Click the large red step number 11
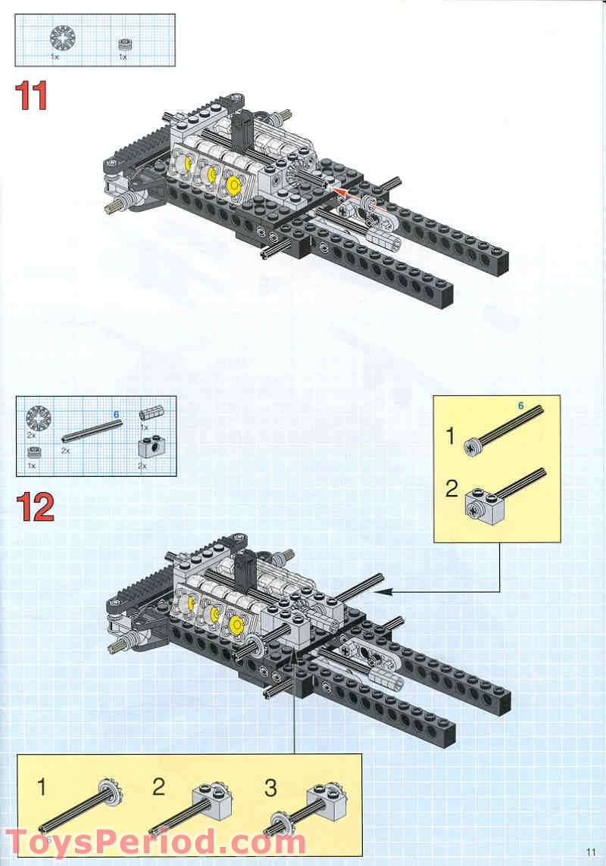(32, 96)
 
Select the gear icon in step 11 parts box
(60, 38)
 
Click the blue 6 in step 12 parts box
(116, 414)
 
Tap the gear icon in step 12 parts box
(36, 418)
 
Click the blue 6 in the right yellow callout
(520, 406)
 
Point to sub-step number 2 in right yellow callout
(451, 489)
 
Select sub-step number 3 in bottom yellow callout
(270, 787)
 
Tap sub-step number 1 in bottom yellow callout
(42, 787)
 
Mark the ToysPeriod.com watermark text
(155, 842)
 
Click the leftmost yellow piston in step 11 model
(184, 160)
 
